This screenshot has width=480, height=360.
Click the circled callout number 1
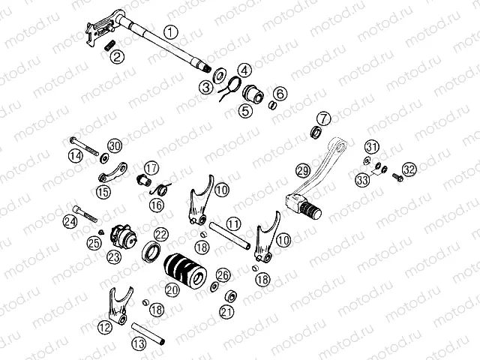(171, 32)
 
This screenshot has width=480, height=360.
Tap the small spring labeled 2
(110, 45)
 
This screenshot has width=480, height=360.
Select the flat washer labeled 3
(219, 75)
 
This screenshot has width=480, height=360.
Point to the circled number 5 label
(246, 111)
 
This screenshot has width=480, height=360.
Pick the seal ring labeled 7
(316, 132)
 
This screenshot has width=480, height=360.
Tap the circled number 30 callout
(115, 146)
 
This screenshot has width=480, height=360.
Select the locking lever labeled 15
(113, 172)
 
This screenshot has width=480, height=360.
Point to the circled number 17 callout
(151, 168)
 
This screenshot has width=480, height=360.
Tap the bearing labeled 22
(151, 251)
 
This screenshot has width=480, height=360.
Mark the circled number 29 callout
(303, 170)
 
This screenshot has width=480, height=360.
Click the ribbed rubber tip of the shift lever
(310, 210)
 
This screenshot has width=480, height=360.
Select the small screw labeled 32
(397, 177)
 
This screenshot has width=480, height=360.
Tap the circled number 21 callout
(226, 312)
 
